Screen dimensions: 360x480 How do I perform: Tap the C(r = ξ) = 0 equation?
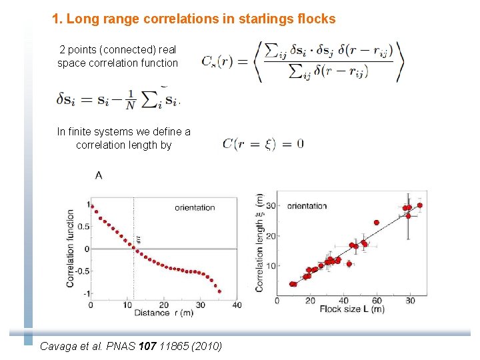click(x=263, y=143)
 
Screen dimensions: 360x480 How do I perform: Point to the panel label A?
click(x=99, y=175)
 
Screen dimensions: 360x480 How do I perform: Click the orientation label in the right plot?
click(x=307, y=206)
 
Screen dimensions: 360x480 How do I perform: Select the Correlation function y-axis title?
click(x=71, y=248)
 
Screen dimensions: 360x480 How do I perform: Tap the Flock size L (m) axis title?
click(x=351, y=309)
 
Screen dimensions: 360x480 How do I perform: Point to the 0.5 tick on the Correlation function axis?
click(x=83, y=227)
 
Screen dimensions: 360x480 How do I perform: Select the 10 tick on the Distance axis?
click(x=127, y=305)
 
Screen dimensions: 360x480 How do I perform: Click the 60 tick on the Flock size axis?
click(x=377, y=301)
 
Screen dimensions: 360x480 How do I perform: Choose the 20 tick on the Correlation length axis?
click(x=270, y=236)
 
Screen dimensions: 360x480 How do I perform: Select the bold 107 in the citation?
click(x=145, y=346)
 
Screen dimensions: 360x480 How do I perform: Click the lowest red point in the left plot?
click(x=219, y=291)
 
